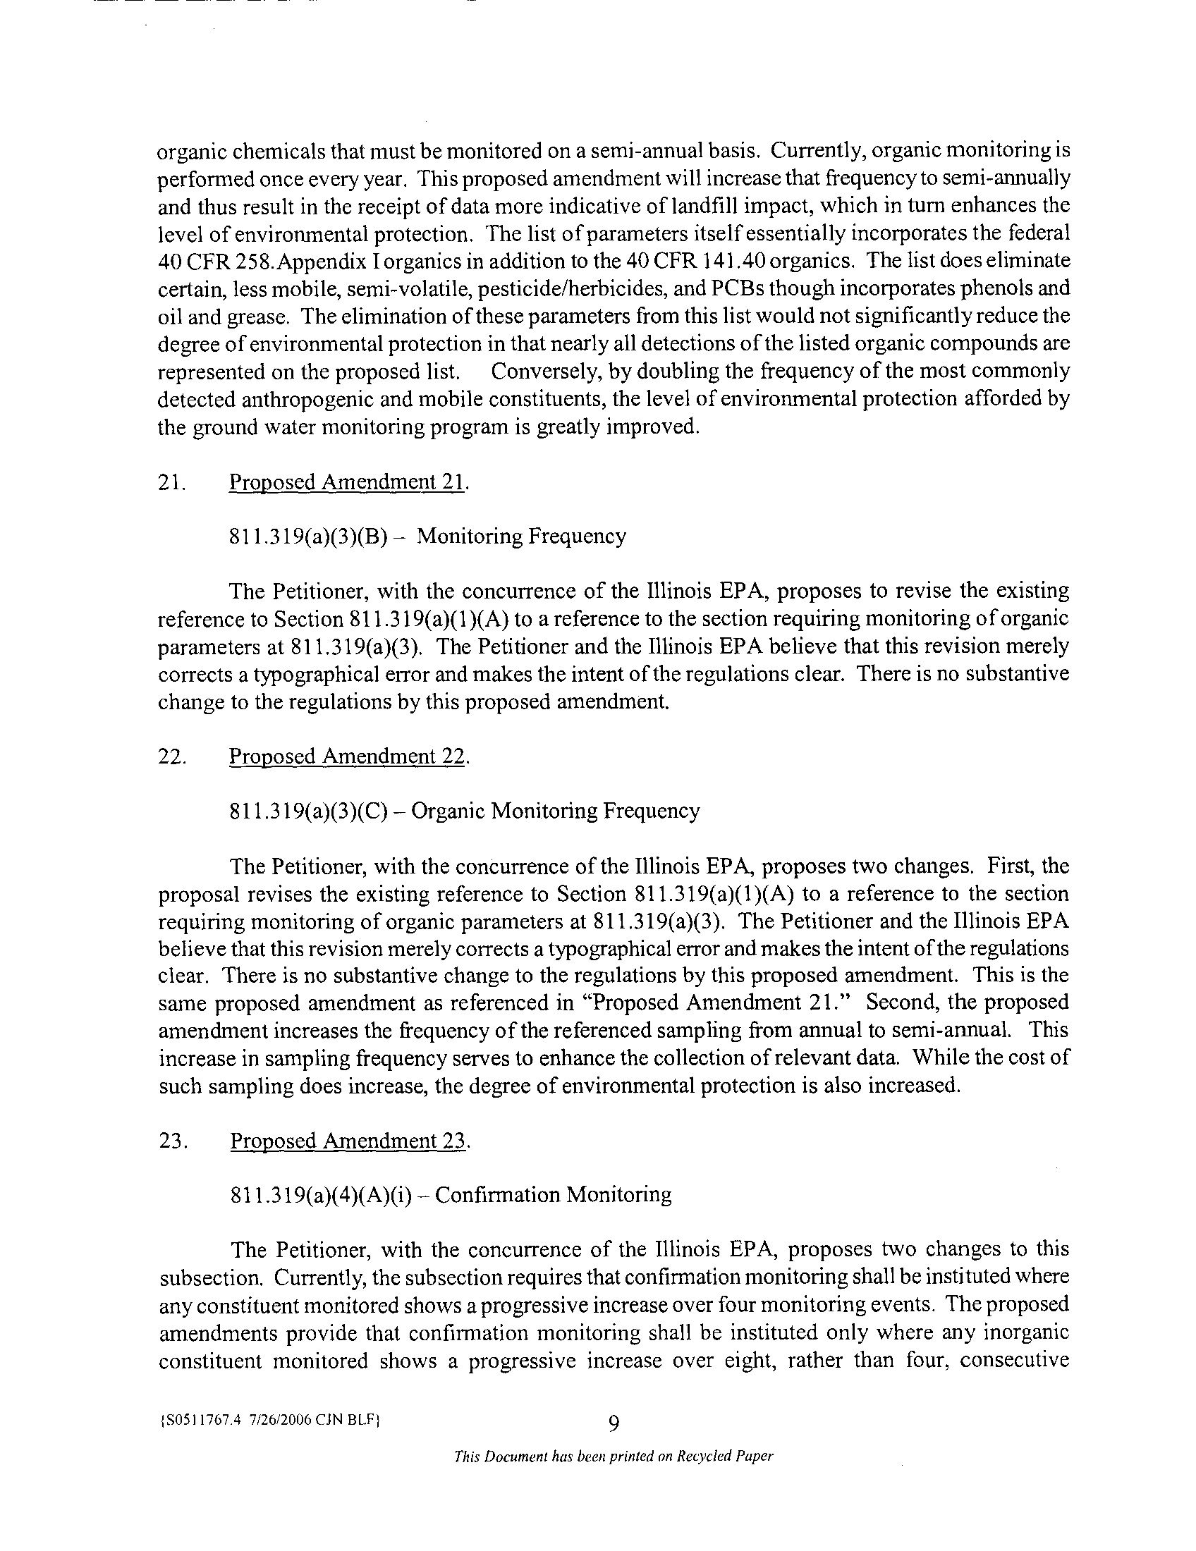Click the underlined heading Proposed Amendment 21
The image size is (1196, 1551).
348,482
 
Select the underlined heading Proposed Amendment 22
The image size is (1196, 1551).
348,757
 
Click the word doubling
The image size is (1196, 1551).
703,372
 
